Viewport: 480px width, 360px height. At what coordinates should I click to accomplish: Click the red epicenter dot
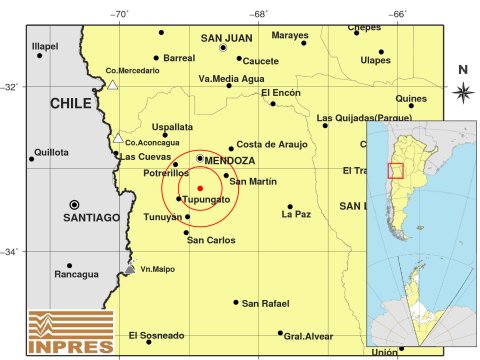coord(200,188)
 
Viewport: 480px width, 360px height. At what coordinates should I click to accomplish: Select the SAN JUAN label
coord(225,39)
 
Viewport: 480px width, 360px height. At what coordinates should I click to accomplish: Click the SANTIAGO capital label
coord(91,217)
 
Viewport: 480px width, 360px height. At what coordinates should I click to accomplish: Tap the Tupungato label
coord(207,200)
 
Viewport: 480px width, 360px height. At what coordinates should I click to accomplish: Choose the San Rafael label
coord(265,303)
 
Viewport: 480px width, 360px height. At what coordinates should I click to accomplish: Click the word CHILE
coord(73,103)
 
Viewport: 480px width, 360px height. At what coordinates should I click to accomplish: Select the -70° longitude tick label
coord(119,13)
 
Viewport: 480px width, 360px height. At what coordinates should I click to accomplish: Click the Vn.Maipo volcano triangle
coord(130,268)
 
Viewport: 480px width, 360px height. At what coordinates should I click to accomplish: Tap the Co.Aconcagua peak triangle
coord(118,138)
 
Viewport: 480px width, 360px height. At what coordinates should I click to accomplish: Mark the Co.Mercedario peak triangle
coord(113,85)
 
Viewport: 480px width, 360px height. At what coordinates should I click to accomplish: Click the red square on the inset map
coord(395,170)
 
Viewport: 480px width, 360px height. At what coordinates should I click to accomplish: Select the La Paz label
coord(295,214)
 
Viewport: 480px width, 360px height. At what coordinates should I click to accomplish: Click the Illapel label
coord(45,46)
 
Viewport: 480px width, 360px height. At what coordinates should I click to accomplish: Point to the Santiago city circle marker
coord(74,203)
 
